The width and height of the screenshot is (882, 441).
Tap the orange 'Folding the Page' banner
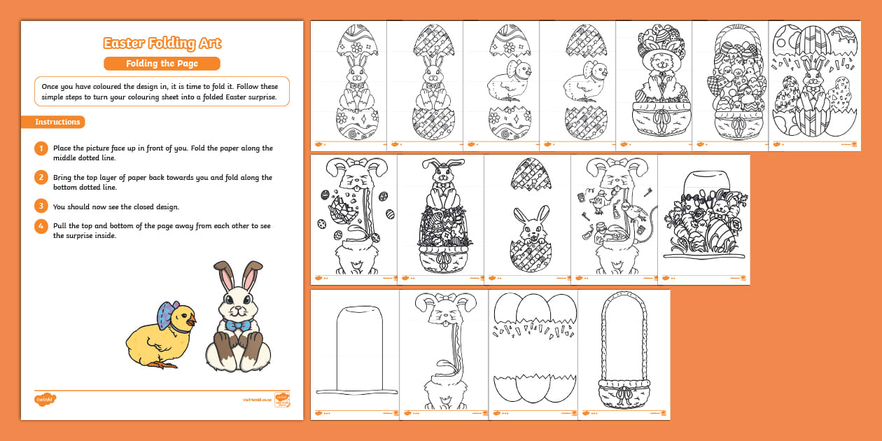click(162, 64)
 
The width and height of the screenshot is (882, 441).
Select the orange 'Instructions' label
click(58, 122)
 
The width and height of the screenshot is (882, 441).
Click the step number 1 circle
click(41, 148)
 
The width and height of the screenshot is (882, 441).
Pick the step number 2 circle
click(41, 178)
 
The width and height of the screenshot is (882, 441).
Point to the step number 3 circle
click(41, 206)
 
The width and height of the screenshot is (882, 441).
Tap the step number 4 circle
click(41, 226)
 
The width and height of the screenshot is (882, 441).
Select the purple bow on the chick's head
click(167, 316)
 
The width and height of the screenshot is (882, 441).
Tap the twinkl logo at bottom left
click(45, 400)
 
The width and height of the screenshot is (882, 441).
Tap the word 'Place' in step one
click(64, 148)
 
